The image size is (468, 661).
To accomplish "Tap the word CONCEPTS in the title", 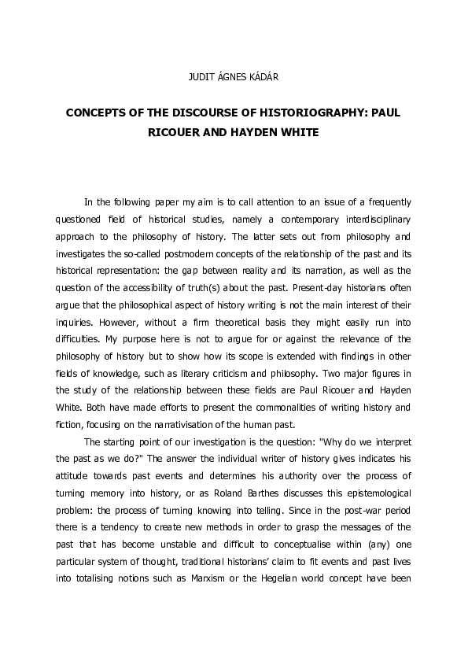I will (x=99, y=113).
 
